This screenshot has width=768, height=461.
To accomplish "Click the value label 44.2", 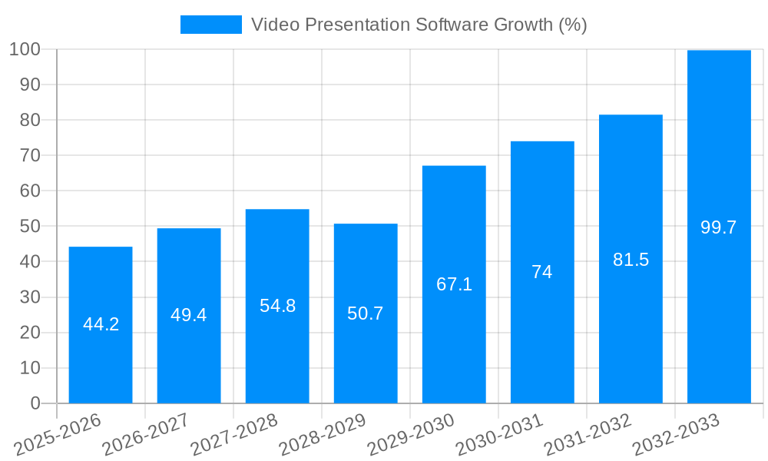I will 101,324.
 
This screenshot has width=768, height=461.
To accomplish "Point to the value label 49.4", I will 189,315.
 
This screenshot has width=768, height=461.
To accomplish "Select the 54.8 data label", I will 277,306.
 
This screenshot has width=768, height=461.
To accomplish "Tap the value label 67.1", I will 454,284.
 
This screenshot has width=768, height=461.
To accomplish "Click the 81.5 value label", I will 631,260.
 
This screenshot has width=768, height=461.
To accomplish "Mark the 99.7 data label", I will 719,227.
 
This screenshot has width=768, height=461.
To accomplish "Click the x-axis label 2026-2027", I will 146,435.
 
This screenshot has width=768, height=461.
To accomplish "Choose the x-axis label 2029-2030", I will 411,435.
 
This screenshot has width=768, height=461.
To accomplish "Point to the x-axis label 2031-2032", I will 588,435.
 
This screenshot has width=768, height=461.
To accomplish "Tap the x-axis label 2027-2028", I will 234,435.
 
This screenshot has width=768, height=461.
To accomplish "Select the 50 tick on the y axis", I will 30,227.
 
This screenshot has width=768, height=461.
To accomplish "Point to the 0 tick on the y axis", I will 35,403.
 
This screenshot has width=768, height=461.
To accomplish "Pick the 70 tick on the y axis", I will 30,156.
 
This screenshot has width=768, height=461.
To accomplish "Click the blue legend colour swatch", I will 210,25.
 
